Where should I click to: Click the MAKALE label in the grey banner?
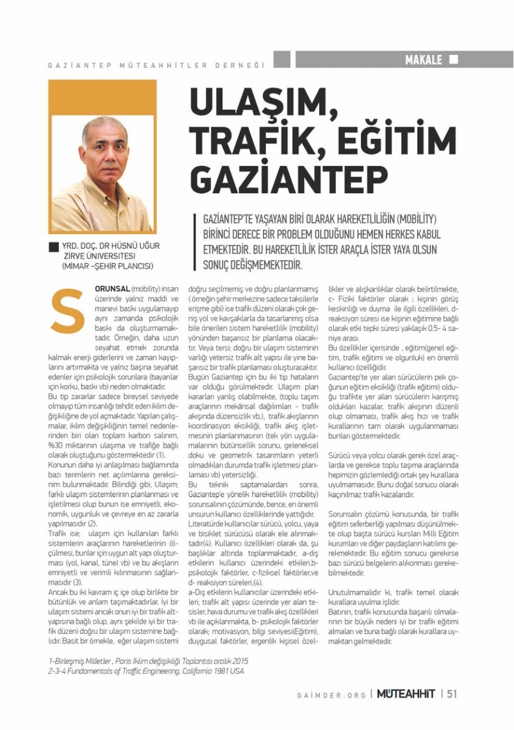[x=424, y=60]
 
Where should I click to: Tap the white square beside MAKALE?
[x=454, y=60]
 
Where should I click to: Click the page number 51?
[x=452, y=693]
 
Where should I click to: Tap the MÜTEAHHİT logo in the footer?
[x=405, y=693]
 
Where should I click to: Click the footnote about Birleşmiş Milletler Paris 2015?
[x=148, y=661]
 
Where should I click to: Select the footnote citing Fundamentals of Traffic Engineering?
[x=145, y=671]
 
